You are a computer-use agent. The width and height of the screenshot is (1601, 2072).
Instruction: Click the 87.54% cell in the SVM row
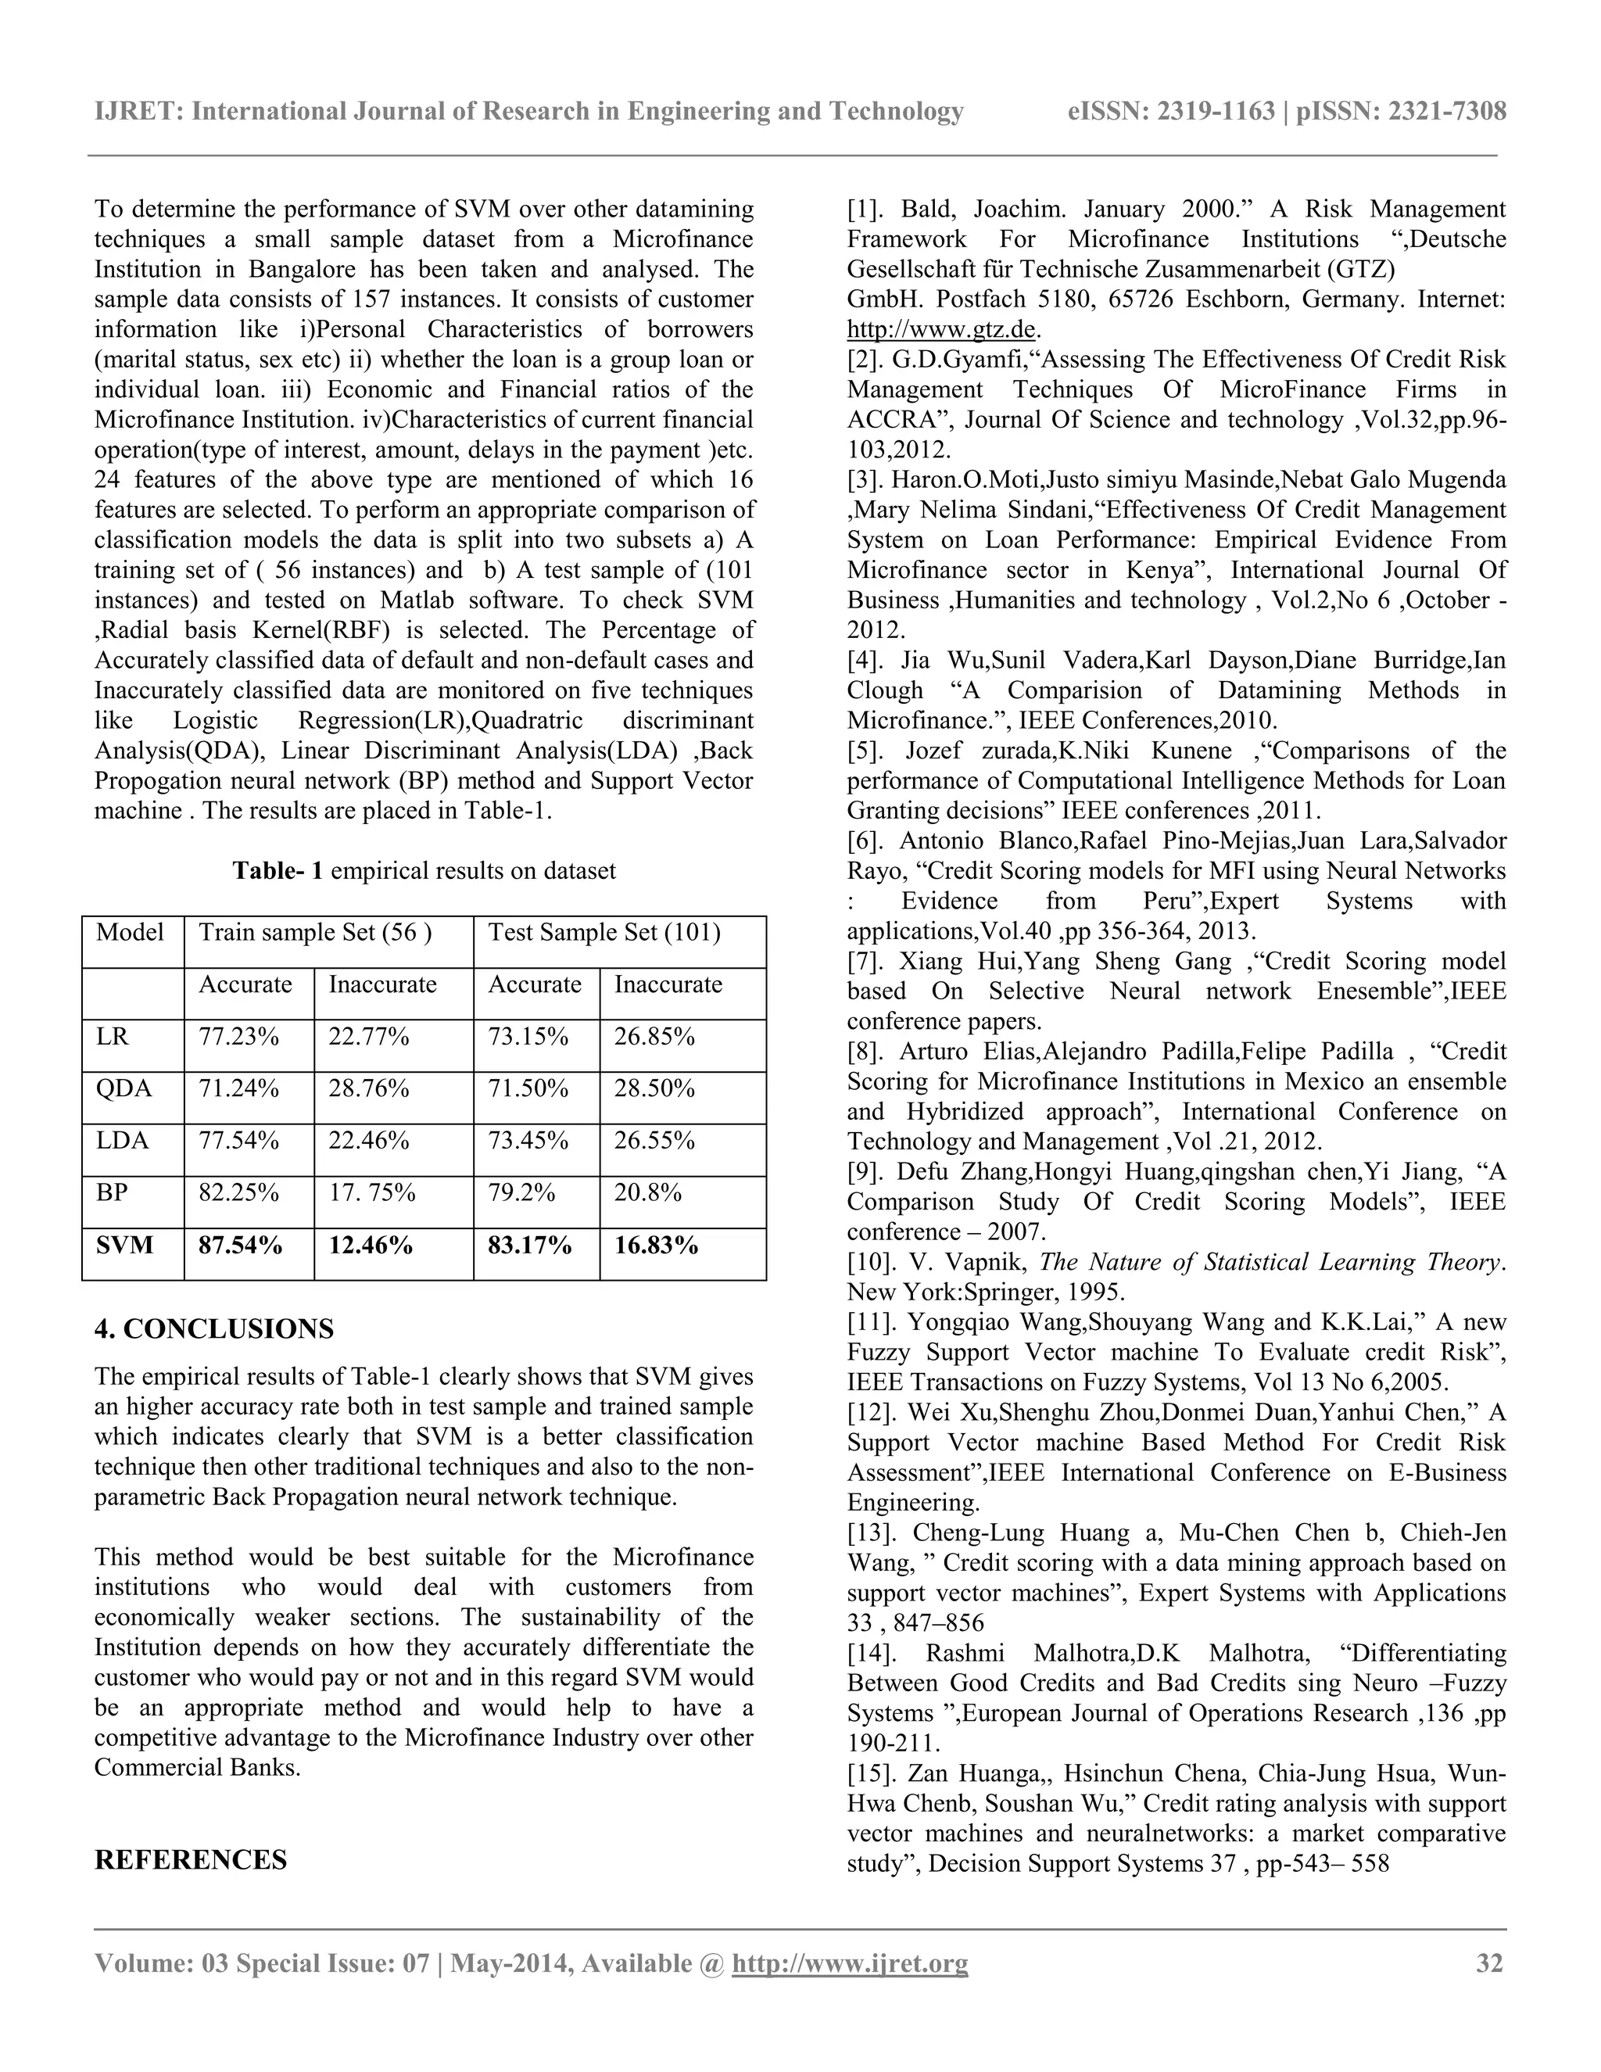coord(240,1246)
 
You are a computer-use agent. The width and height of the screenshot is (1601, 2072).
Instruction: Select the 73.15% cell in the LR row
coord(528,1037)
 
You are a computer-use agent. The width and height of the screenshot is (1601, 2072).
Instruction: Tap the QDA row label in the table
coord(124,1089)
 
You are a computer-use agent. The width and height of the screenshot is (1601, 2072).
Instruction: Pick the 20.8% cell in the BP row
coord(648,1192)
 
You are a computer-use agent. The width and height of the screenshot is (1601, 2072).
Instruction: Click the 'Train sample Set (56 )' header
coord(315,933)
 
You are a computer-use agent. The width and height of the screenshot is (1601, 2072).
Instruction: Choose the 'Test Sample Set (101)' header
coord(604,933)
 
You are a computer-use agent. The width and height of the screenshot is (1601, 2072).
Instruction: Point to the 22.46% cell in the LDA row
coord(369,1140)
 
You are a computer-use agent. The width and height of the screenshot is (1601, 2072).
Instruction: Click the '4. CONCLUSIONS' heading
coord(214,1329)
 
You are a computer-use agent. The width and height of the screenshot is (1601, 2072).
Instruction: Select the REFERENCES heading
coord(191,1860)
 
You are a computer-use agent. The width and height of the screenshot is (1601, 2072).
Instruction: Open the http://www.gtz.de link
coord(941,330)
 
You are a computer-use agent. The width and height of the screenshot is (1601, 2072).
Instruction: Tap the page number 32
coord(1490,1963)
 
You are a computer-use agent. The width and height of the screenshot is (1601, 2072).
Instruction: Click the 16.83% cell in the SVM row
coord(657,1246)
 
